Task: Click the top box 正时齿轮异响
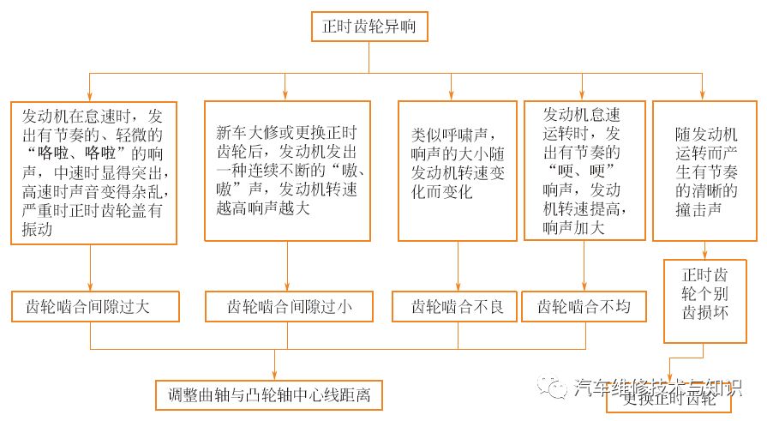369,27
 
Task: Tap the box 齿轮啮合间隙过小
288,306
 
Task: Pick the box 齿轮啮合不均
584,306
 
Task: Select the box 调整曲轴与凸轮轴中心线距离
268,394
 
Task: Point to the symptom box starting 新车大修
288,171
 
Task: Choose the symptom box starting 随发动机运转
704,171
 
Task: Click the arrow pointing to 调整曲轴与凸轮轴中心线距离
273,373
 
